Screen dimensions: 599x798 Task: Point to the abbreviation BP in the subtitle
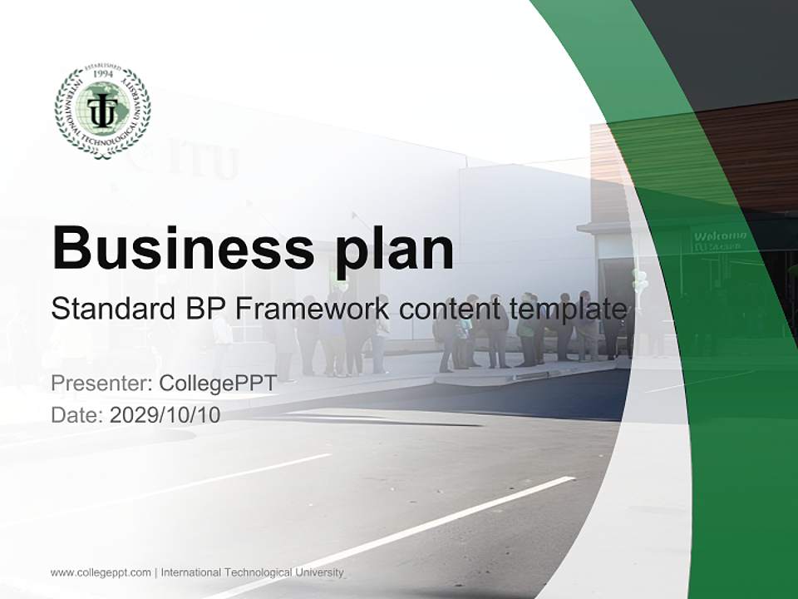coord(205,309)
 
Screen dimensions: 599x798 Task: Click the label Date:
coord(77,414)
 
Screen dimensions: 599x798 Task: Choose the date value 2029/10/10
coord(165,414)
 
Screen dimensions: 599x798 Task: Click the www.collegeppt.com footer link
coord(101,572)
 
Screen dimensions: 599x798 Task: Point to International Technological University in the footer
coord(252,572)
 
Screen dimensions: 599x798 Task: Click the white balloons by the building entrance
coord(639,278)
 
